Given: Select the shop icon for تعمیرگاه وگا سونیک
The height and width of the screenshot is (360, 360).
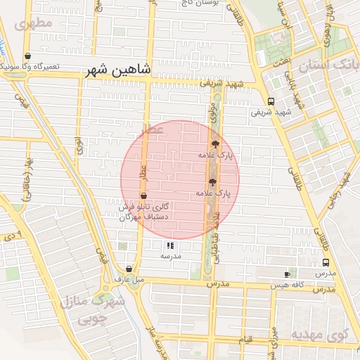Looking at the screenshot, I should pyautogui.click(x=27, y=56).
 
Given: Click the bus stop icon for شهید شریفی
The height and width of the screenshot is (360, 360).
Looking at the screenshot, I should pyautogui.click(x=271, y=101).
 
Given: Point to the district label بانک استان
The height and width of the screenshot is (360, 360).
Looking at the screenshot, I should pyautogui.click(x=330, y=67).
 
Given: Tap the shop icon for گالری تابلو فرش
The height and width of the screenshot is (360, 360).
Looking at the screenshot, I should pyautogui.click(x=144, y=196).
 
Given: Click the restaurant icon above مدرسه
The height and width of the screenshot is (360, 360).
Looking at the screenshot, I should pyautogui.click(x=170, y=245).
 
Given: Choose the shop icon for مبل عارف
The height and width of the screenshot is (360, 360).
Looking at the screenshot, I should pyautogui.click(x=129, y=269).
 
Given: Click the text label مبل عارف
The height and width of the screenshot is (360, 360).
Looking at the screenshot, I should pyautogui.click(x=129, y=280).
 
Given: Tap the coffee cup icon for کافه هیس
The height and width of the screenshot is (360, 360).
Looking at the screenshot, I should pyautogui.click(x=287, y=274).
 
